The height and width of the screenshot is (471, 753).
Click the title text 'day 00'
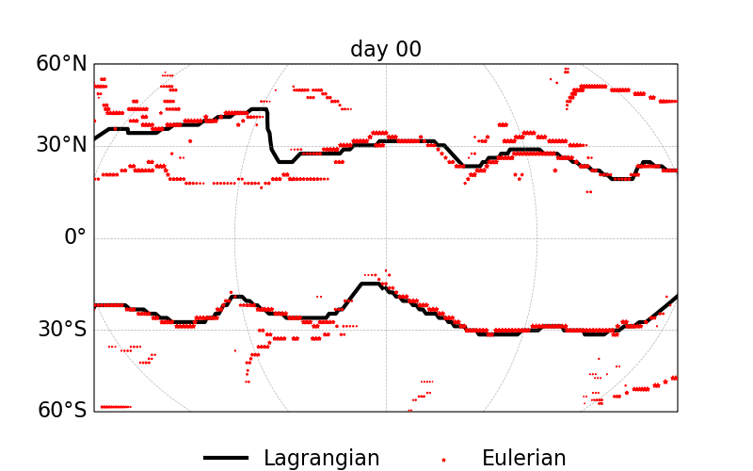pyautogui.click(x=386, y=49)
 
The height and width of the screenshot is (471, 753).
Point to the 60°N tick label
pyautogui.click(x=61, y=64)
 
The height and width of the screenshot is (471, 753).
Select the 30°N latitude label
pyautogui.click(x=61, y=145)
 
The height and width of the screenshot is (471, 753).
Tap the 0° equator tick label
pyautogui.click(x=74, y=236)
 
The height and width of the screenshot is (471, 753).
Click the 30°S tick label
pyautogui.click(x=62, y=329)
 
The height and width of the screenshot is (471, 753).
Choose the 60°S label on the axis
pyautogui.click(x=62, y=410)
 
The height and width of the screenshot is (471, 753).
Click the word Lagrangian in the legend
pyautogui.click(x=321, y=459)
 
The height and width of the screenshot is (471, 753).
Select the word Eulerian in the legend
pyautogui.click(x=523, y=459)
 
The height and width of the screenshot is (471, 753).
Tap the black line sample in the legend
pyautogui.click(x=226, y=459)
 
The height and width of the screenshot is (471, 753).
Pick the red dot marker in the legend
pyautogui.click(x=443, y=459)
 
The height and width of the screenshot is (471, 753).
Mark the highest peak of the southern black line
pyautogui.click(x=370, y=283)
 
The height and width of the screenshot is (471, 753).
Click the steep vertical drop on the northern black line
pyautogui.click(x=269, y=132)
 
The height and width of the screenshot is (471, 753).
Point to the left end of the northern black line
pyautogui.click(x=95, y=138)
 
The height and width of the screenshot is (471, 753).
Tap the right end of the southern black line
pyautogui.click(x=676, y=297)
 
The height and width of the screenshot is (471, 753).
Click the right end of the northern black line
pyautogui.click(x=675, y=171)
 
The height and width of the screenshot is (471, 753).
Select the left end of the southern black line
pyautogui.click(x=95, y=304)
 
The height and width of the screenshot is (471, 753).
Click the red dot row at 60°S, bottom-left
pyautogui.click(x=116, y=406)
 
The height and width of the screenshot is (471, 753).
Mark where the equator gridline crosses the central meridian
pyautogui.click(x=386, y=237)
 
